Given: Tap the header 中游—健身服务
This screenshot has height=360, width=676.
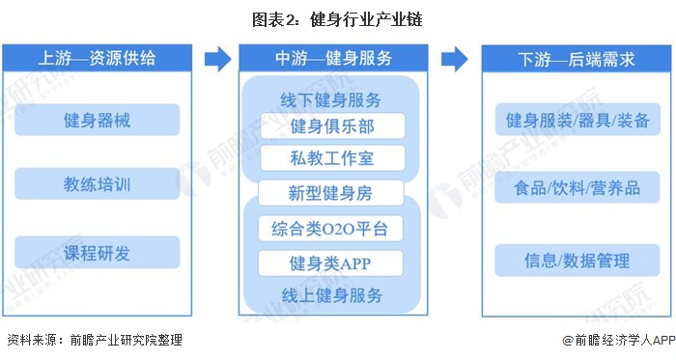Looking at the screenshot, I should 330,58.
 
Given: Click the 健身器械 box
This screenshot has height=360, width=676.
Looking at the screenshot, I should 97,121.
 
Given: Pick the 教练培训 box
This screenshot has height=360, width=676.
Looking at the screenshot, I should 97,183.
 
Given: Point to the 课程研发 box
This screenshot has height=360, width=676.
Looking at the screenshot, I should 97,253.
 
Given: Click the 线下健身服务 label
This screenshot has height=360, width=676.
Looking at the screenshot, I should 330,100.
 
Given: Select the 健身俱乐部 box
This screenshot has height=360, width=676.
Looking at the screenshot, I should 330,126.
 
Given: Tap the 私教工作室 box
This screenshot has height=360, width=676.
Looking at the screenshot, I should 330,157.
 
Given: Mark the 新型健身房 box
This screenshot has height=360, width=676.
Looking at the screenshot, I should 330,192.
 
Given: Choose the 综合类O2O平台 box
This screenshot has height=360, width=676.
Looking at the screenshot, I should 330,229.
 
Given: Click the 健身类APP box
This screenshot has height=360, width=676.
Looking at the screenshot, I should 330,262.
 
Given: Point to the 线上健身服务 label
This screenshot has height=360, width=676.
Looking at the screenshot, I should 330,292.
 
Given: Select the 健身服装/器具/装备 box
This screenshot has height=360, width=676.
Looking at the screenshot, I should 577,121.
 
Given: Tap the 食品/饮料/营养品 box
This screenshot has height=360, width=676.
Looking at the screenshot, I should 577,187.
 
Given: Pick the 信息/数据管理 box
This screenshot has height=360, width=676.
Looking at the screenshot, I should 577,260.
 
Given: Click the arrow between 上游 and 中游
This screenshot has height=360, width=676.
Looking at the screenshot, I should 217,59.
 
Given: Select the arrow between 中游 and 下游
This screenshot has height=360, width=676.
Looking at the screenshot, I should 454,59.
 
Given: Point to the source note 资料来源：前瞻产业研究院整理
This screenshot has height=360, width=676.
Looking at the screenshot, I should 94,340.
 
